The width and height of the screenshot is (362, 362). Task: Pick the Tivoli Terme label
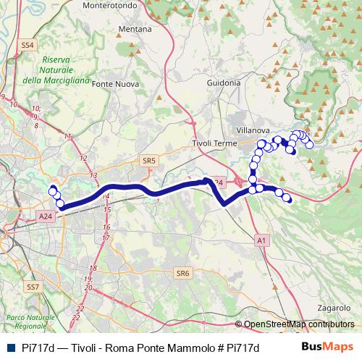[214, 143]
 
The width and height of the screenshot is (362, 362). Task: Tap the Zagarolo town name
[334, 307]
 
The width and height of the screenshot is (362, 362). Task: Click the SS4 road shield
[28, 45]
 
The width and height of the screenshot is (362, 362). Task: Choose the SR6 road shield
[182, 273]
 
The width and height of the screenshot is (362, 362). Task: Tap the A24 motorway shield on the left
[46, 216]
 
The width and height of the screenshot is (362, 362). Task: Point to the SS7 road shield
[32, 287]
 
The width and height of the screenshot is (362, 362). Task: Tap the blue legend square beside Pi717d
[10, 348]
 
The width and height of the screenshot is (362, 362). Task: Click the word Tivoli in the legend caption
[86, 348]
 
